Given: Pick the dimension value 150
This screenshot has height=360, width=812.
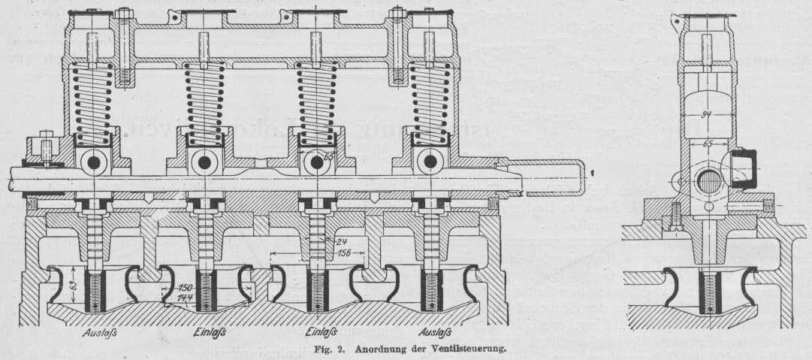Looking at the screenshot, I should coord(183,289).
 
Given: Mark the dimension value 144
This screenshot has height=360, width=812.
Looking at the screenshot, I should coord(183,298).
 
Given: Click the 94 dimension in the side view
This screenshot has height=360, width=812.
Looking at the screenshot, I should coord(705,115).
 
